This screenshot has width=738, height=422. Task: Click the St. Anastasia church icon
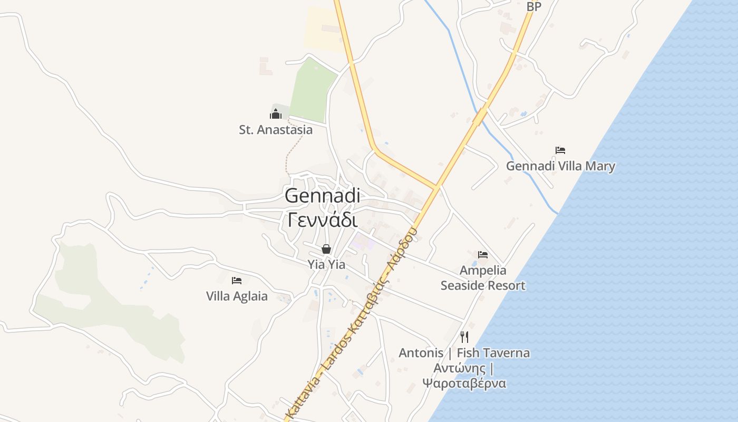point(276,114)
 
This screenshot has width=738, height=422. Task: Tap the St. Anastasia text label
point(276,130)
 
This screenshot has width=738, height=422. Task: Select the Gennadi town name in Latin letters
point(322,196)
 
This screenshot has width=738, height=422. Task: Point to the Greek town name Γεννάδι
point(322,219)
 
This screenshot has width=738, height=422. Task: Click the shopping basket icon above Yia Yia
point(326,249)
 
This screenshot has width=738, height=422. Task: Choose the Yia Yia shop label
point(326,264)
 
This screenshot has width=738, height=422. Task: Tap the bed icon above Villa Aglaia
point(237,281)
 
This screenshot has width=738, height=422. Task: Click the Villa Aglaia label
point(237,296)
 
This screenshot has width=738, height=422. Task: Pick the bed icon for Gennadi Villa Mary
point(560,150)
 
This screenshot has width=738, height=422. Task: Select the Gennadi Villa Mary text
point(560,166)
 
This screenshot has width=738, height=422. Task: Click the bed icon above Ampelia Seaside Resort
point(483,255)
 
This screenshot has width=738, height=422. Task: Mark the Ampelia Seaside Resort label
point(483,278)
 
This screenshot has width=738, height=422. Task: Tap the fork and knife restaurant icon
point(464,336)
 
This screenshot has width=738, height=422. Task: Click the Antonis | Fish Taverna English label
point(464,353)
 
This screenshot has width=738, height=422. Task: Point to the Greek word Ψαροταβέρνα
point(464,383)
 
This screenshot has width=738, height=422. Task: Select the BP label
point(534,6)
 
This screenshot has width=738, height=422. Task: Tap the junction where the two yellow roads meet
point(436,187)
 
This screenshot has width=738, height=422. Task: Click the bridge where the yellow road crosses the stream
point(480,117)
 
